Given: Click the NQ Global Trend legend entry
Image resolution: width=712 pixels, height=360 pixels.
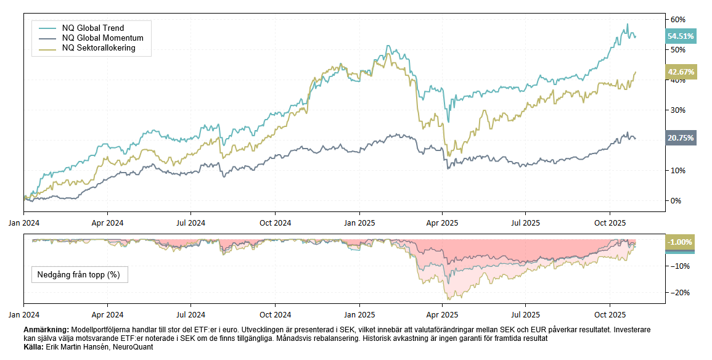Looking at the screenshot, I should [92, 28].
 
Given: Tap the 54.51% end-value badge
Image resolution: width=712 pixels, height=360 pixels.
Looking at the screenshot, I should [681, 36].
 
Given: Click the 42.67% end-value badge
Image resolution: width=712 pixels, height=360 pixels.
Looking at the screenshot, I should [681, 72].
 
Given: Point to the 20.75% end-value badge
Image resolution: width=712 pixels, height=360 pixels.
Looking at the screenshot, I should [681, 139].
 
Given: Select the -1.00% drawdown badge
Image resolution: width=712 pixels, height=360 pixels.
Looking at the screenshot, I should [680, 242].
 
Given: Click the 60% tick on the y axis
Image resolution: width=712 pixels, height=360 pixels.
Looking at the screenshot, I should [678, 19].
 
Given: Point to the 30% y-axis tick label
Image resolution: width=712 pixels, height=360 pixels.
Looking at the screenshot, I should [678, 110].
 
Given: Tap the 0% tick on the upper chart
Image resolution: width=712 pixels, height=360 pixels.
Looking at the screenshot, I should [676, 201].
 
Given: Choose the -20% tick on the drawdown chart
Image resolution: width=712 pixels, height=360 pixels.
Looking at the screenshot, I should [679, 292].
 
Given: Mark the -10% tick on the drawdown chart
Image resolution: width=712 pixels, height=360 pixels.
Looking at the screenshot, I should [679, 266].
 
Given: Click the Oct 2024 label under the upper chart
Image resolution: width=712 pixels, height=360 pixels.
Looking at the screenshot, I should [274, 223].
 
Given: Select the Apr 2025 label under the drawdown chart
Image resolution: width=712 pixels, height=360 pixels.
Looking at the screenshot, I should [442, 314].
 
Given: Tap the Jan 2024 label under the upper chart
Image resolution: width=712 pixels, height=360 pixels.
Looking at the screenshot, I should [24, 223].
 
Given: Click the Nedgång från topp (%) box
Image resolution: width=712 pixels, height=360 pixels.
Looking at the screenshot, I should [80, 274].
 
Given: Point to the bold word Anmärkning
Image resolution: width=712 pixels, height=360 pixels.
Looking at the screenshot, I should [46, 330].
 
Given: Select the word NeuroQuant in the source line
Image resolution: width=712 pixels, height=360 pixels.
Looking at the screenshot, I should [133, 347].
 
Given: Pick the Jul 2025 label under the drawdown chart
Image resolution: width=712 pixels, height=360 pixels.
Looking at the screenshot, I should [525, 314].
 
